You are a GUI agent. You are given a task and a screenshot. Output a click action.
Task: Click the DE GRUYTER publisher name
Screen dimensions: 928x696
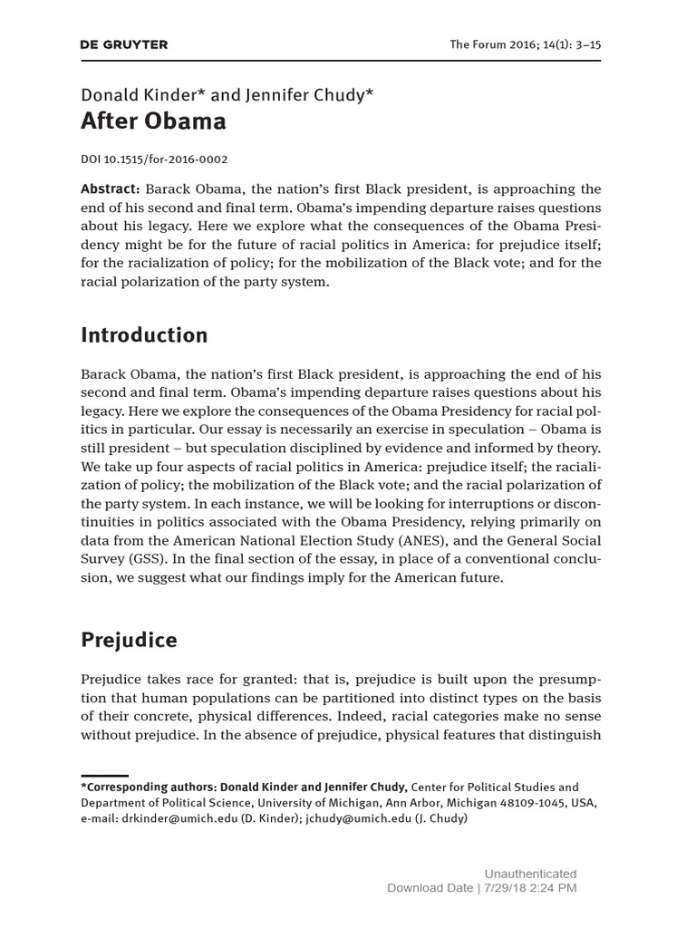[124, 44]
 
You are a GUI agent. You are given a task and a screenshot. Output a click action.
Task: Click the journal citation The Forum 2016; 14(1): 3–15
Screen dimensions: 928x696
[526, 44]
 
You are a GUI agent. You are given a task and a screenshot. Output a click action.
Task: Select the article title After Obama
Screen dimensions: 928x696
[153, 121]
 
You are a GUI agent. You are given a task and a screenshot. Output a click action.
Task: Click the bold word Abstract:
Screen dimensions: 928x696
[110, 189]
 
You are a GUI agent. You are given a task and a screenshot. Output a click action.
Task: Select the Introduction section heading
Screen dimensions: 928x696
[144, 335]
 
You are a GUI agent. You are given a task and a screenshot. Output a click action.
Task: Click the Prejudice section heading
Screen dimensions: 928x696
[129, 641]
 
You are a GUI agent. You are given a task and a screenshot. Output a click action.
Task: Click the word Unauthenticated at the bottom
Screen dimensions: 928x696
[530, 874]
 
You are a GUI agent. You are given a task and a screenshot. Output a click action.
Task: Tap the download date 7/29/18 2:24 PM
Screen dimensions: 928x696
[534, 888]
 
